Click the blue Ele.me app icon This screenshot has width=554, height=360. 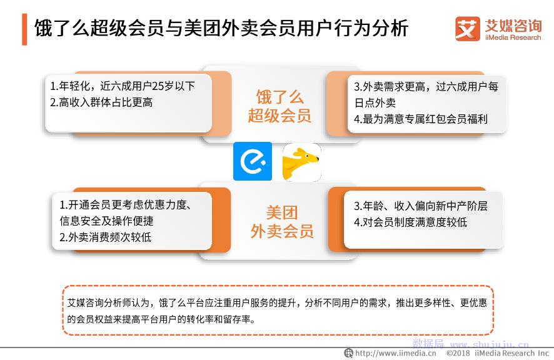pyautogui.click(x=253, y=161)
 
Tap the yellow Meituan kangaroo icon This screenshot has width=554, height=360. pyautogui.click(x=302, y=162)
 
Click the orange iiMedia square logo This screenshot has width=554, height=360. pyautogui.click(x=468, y=29)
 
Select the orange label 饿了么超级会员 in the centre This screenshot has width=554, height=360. pyautogui.click(x=280, y=106)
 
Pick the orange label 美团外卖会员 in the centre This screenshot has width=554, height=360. pyautogui.click(x=282, y=222)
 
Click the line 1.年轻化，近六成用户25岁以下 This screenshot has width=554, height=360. pyautogui.click(x=123, y=86)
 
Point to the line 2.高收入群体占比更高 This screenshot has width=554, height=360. pyautogui.click(x=101, y=102)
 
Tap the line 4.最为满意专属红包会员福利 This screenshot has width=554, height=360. pyautogui.click(x=421, y=119)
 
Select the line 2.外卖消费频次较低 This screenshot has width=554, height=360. pyautogui.click(x=105, y=237)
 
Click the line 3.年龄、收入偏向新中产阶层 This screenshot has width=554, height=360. pyautogui.click(x=421, y=206)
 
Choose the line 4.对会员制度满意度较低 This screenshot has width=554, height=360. pyautogui.click(x=411, y=222)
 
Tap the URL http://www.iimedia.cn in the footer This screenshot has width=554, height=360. pyautogui.click(x=396, y=353)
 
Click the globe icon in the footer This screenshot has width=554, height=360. pyautogui.click(x=349, y=352)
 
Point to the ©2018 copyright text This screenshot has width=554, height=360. pyautogui.click(x=458, y=353)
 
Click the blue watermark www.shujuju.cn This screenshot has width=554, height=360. pyautogui.click(x=490, y=344)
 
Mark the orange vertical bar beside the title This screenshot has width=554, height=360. pyautogui.click(x=24, y=29)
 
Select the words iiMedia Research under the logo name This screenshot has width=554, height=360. pyautogui.click(x=513, y=37)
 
